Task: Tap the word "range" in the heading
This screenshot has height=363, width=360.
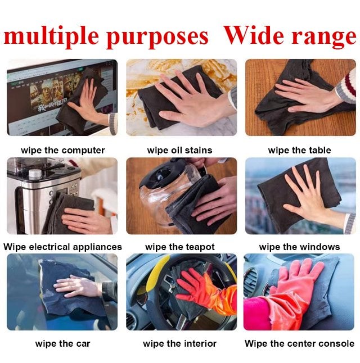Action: pos(323,37)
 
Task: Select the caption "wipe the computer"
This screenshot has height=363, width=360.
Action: pos(63,151)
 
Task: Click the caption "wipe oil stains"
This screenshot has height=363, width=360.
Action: pos(179,150)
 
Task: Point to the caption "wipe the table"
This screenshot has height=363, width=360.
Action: pos(299,150)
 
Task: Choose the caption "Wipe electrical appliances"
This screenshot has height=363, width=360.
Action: pos(62,247)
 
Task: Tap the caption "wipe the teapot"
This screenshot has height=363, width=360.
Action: pos(180,247)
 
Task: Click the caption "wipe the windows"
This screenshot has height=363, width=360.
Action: pos(299,247)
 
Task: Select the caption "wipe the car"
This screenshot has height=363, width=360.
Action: pos(62,343)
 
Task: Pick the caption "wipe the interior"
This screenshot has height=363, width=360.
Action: pos(179,343)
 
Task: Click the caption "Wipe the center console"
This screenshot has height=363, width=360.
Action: pos(299,343)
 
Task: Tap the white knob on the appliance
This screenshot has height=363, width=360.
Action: pos(35,174)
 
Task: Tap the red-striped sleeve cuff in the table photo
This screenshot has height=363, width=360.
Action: pos(348,87)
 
